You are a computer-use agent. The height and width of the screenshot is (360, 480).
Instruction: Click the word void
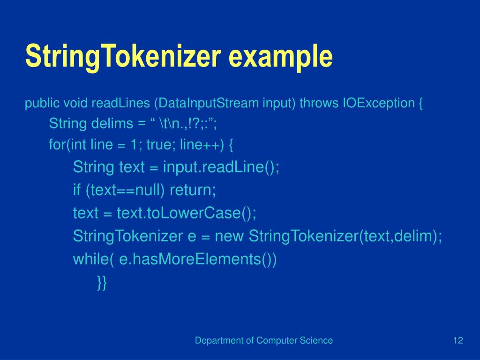pyautogui.click(x=77, y=103)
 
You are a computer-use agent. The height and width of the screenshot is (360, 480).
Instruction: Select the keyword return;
pyautogui.click(x=193, y=190)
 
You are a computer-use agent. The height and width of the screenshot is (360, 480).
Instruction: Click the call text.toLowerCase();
pyautogui.click(x=185, y=213)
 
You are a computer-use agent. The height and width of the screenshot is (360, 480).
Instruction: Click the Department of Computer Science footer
pyautogui.click(x=264, y=341)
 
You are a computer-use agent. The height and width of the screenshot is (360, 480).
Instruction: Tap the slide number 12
pyautogui.click(x=458, y=341)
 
